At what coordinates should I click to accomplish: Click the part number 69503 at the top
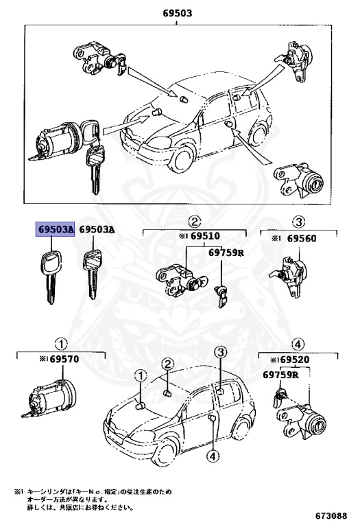point(177,12)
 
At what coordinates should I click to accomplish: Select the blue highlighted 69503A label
point(55,231)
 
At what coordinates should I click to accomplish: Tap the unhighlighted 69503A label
point(97,231)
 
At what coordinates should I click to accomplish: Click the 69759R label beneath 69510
point(226,253)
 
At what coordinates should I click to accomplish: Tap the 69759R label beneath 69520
point(281,375)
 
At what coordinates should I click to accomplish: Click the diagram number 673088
point(331,515)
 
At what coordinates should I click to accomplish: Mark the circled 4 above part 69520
point(298,344)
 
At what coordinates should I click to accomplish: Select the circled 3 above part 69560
point(299,221)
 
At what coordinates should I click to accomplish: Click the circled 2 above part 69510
point(195,221)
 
